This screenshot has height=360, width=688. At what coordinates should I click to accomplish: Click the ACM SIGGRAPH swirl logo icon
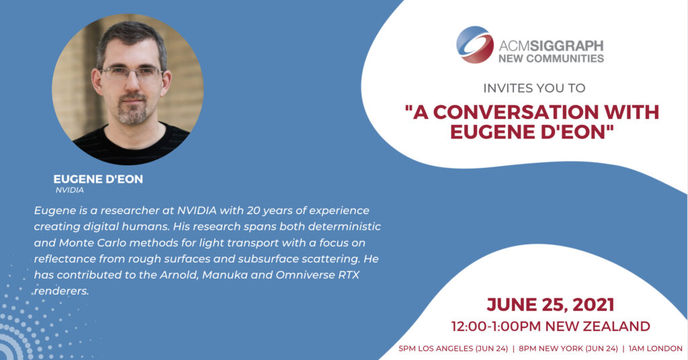point(475,45)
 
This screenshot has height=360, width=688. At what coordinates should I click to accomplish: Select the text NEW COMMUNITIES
point(551,58)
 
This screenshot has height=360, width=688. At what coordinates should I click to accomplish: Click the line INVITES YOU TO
point(534,88)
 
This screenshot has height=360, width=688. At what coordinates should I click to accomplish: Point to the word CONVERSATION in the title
point(516,112)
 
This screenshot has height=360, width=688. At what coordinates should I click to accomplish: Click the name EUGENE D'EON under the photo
point(98,179)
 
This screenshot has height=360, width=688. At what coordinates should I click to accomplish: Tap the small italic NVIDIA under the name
point(69,190)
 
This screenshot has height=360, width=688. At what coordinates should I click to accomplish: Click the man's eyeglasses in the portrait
point(132,73)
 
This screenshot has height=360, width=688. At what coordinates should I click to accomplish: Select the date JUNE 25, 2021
point(550,305)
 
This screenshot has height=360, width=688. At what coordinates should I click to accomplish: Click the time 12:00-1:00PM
point(497,326)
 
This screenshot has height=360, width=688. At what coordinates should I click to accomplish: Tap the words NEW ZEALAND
point(597,326)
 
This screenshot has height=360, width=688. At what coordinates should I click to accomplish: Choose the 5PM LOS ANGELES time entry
point(454,349)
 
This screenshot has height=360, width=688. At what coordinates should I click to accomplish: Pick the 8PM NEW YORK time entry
point(568,349)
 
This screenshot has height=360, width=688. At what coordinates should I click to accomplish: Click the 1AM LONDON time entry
point(656,349)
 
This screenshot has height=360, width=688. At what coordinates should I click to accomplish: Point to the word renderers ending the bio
point(61,291)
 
